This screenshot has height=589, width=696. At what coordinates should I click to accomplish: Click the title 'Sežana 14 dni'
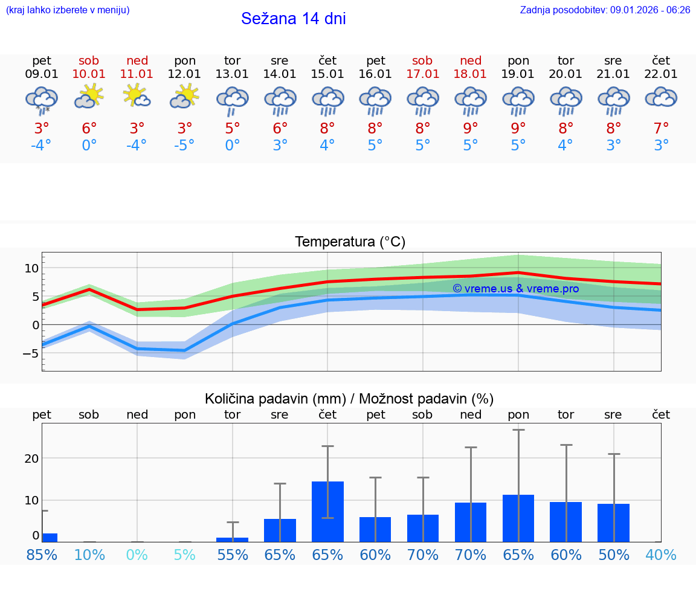pos(293,19)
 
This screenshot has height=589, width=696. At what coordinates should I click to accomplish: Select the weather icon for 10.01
pos(89,96)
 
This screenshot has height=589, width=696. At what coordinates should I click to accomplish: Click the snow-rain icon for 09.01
pos(42,100)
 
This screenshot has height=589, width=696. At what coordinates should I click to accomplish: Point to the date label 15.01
pos(327,74)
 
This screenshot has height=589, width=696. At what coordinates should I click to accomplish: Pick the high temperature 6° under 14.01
pos(280,128)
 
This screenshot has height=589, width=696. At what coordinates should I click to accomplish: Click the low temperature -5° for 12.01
pos(185,146)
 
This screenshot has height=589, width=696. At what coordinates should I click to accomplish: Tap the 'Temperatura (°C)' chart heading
pos(350,242)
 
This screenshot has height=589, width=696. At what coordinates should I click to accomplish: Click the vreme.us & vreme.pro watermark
pos(515,289)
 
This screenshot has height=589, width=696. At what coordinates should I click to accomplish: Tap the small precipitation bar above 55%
pos(233,539)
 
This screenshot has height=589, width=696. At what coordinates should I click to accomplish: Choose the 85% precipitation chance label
pos(42,555)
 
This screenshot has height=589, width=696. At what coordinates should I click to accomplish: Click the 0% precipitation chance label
pos(137,555)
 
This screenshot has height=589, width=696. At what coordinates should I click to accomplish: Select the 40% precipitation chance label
pos(661,555)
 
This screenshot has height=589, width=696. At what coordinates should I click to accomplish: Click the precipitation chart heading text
pos(349,399)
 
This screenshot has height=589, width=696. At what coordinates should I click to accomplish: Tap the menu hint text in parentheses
pos(68,10)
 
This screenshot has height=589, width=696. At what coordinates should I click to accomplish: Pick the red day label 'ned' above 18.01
pos(471,60)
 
